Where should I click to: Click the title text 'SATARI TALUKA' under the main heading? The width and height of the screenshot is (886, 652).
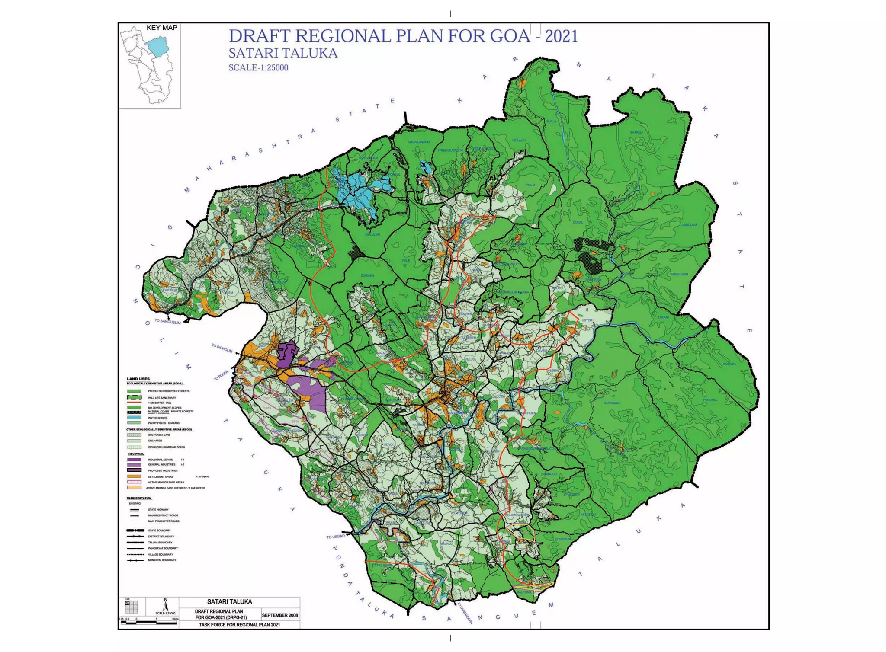tap(282, 53)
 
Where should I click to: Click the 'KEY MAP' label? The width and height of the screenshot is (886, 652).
tap(162, 28)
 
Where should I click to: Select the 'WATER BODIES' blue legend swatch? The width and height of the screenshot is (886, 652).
tap(134, 418)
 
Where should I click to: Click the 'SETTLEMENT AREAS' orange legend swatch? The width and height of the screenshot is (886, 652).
tap(134, 476)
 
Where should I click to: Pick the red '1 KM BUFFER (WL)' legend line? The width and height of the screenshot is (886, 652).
tap(134, 403)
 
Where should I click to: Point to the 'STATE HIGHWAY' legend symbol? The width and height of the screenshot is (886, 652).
tap(135, 510)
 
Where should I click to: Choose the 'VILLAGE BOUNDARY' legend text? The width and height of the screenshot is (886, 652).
tap(160, 554)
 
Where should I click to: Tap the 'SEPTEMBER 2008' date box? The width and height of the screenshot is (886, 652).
tap(280, 615)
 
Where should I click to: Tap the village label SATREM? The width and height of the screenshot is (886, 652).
tap(636, 132)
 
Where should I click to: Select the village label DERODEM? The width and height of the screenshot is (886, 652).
tap(689, 225)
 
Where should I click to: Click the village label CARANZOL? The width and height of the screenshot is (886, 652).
tap(612, 403)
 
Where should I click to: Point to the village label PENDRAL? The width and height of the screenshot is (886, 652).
tap(710, 400)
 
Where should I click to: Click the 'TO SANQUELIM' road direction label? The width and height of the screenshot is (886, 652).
tap(167, 321)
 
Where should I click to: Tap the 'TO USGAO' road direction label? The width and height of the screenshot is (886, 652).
tap(336, 537)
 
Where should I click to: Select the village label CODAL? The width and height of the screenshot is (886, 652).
tap(578, 222)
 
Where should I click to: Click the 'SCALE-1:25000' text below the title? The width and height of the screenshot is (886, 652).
tap(258, 68)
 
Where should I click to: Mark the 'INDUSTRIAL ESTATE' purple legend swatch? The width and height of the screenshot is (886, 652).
tap(134, 460)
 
